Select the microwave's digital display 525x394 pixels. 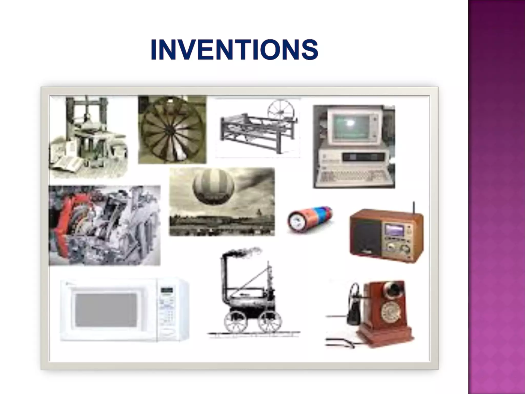coord(166,291)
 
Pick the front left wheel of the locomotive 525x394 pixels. coord(235,322)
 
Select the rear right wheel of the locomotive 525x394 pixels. coord(270,322)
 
